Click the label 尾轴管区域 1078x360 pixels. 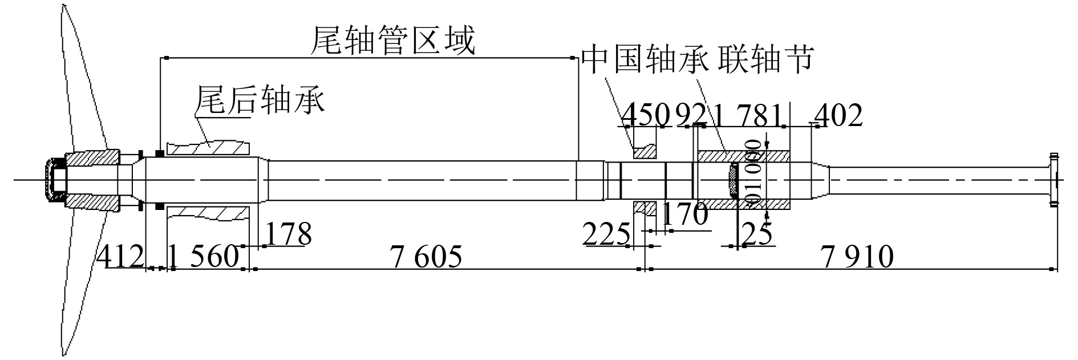coord(392,41)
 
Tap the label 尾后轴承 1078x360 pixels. coord(260,100)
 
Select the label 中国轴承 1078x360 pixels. coord(645,59)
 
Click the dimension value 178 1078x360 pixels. coord(289,234)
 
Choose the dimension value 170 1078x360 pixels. coord(684,215)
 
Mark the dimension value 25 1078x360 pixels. coord(756,233)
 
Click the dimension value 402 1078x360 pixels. coord(838,116)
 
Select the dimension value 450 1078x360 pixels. coord(645,116)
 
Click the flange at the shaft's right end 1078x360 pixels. coord(1053,179)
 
